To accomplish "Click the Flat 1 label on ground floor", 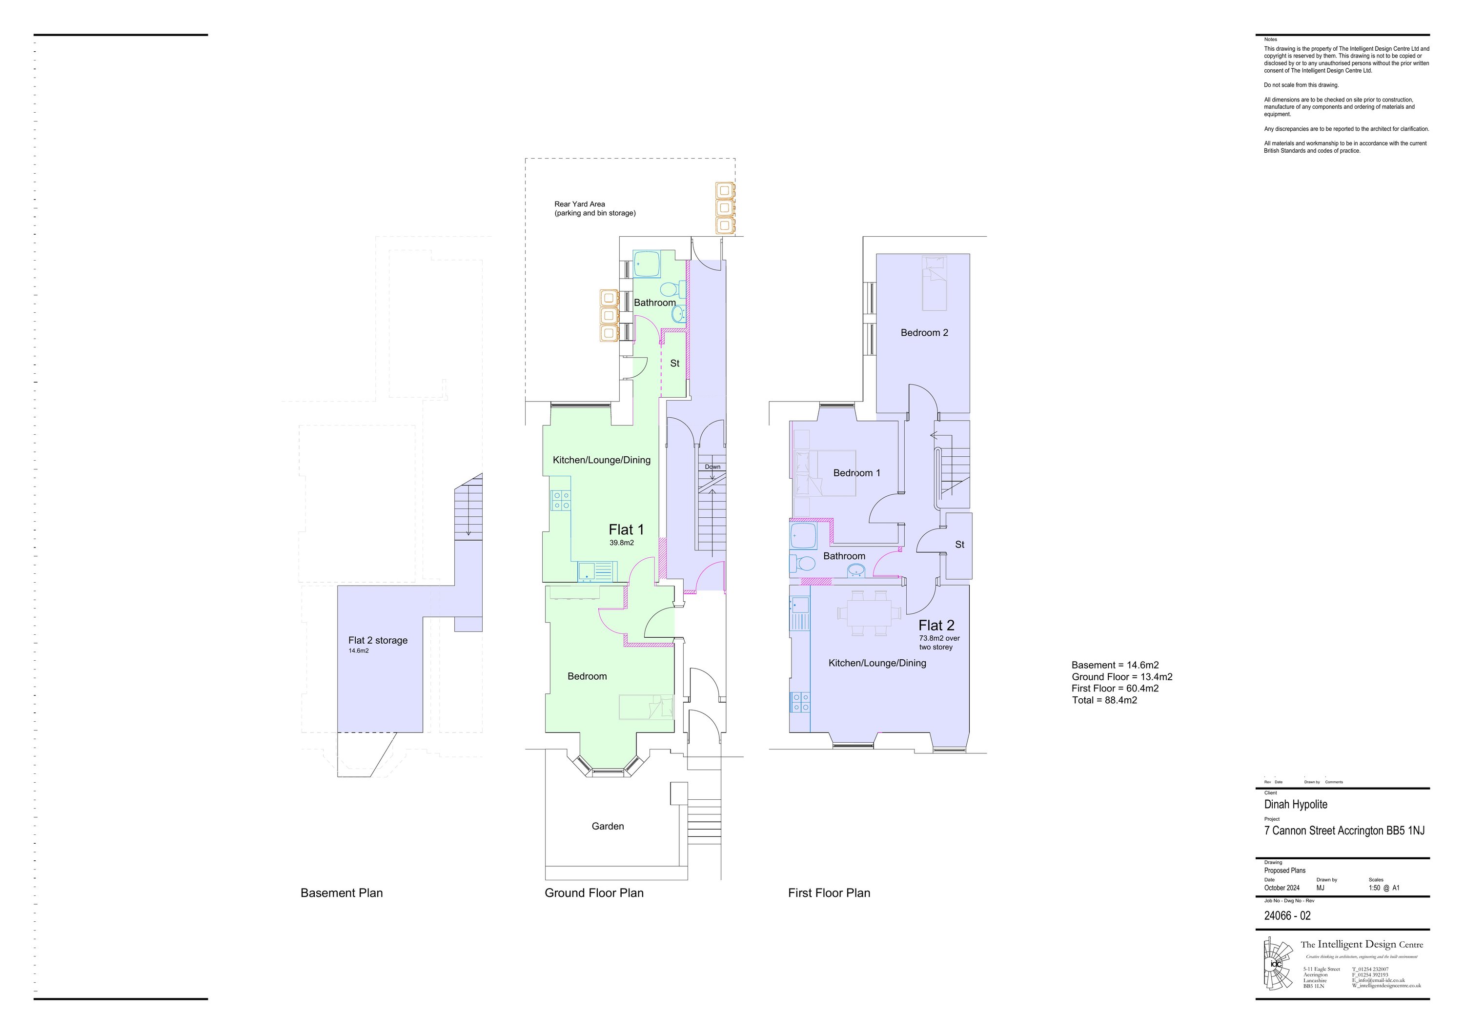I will point(626,530).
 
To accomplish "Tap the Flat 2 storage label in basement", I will point(378,640).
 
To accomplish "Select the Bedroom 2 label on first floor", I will point(924,333).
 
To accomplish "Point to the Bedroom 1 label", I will point(856,473).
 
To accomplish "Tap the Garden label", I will point(608,826).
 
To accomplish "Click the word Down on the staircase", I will point(712,466).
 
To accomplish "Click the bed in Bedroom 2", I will point(934,283).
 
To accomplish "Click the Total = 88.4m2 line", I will point(1104,700).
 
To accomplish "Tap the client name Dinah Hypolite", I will point(1296,805).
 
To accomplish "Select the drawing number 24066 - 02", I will point(1287,916).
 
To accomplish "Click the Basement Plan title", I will point(341,893).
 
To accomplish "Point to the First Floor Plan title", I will point(829,893).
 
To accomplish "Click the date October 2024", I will point(1281,888).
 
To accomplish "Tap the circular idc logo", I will point(1275,964).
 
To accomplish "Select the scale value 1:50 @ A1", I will point(1383,888).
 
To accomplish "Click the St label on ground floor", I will point(674,364).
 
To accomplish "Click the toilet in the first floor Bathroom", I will point(803,564).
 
